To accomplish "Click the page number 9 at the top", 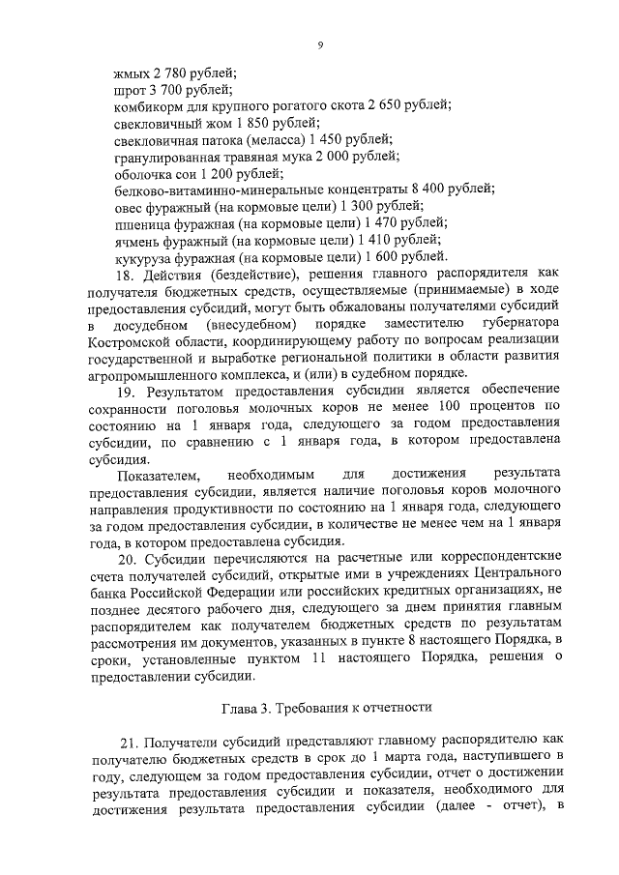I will pyautogui.click(x=319, y=44).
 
